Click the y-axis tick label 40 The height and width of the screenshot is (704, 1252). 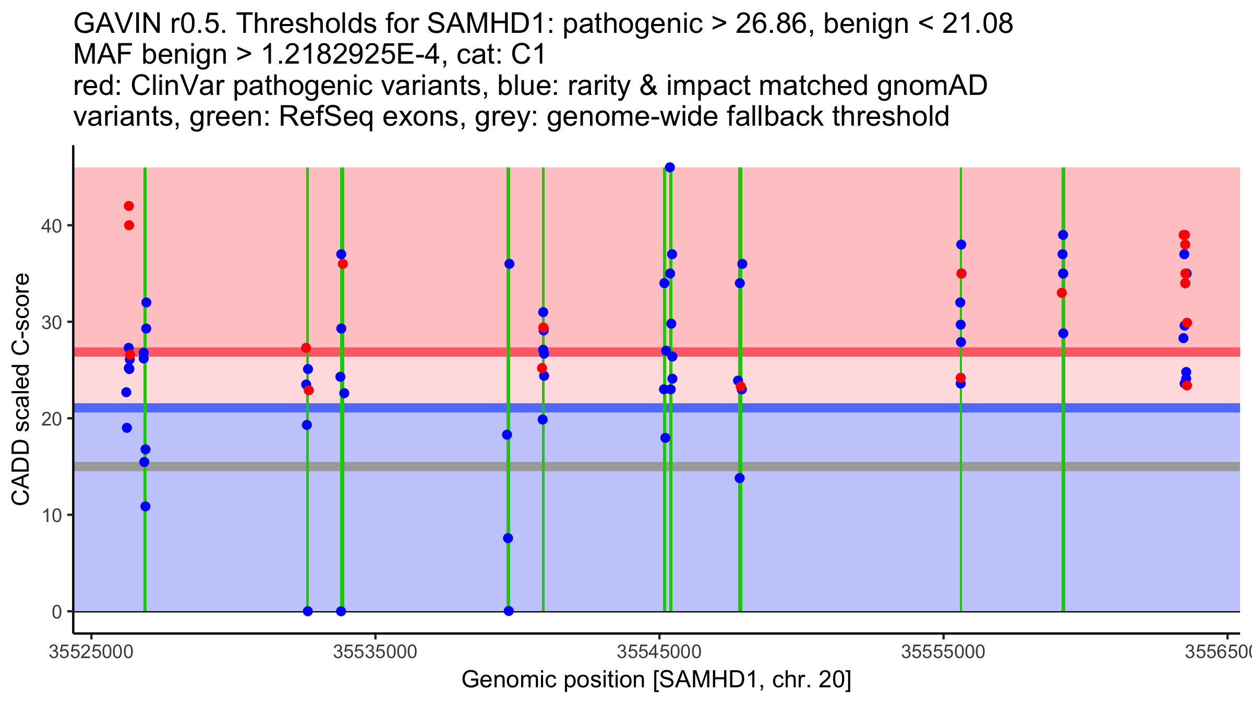tap(52, 226)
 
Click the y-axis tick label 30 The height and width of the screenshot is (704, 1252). tap(52, 322)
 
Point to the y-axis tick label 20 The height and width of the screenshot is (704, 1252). tap(52, 419)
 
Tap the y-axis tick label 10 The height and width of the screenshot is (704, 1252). tap(52, 515)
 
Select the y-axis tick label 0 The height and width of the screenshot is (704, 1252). tap(57, 612)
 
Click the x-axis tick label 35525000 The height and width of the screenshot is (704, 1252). tap(91, 652)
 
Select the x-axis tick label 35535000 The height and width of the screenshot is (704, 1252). tap(375, 652)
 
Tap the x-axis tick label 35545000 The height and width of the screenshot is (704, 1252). tap(659, 652)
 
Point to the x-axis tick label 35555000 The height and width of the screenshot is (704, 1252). tap(943, 652)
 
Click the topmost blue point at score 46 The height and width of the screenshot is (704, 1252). tap(670, 167)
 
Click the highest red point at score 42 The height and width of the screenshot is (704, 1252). tap(129, 206)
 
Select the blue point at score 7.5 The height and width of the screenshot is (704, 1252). tap(508, 538)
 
